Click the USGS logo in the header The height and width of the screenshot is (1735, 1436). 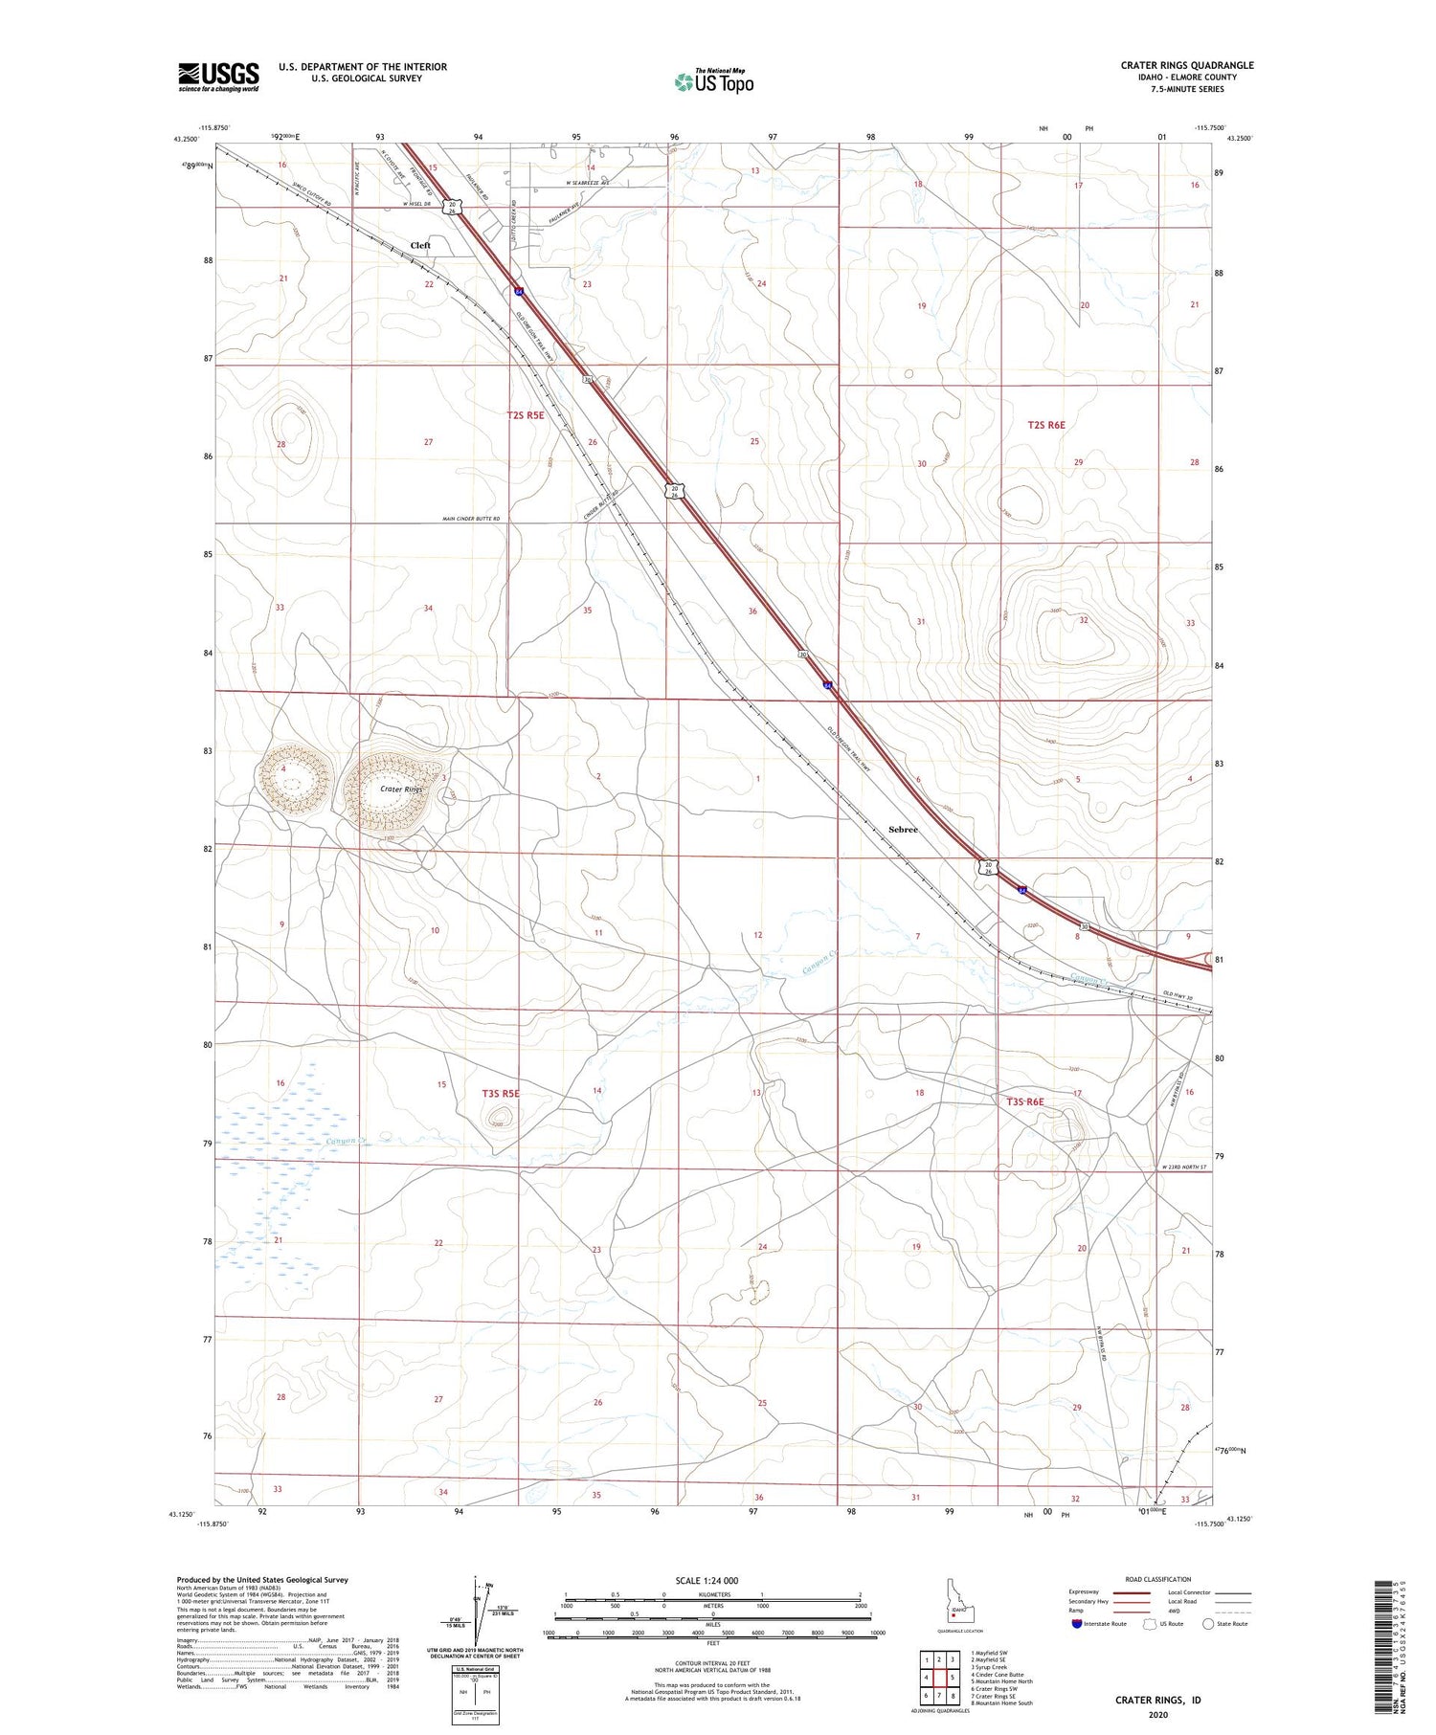point(218,77)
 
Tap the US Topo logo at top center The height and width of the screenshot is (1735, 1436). point(713,81)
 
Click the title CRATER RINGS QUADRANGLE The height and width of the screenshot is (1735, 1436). point(1186,65)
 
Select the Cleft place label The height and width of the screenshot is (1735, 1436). point(420,246)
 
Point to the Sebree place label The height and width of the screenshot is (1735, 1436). point(903,830)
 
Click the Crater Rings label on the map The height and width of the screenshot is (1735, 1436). point(401,790)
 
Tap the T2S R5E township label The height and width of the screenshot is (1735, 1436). point(526,415)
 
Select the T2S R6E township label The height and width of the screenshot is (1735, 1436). point(1046,424)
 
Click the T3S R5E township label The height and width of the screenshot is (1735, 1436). point(501,1093)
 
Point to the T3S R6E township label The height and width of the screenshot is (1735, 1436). point(1024,1102)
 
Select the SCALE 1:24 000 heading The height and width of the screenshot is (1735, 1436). point(707,1580)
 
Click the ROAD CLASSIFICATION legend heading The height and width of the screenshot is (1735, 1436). point(1158,1579)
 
